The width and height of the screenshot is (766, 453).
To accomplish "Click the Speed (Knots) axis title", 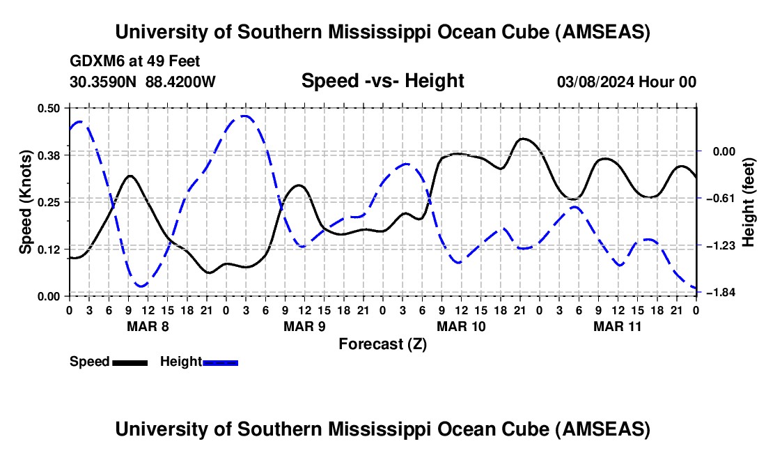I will click(x=25, y=201).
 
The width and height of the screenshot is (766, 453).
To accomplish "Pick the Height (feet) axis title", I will click(x=749, y=201).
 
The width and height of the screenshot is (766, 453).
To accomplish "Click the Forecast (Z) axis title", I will click(x=382, y=344).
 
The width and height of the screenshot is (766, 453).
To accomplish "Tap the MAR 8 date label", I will click(x=147, y=326).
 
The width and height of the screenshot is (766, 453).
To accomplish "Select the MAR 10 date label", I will click(x=460, y=326).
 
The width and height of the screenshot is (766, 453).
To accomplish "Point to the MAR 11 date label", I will click(x=617, y=326).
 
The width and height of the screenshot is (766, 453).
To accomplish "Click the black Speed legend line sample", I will click(x=129, y=362).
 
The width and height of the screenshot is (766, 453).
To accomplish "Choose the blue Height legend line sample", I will click(x=221, y=362).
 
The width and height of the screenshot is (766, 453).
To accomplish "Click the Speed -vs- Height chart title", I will click(x=382, y=81).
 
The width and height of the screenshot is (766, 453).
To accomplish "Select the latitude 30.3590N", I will click(x=104, y=82).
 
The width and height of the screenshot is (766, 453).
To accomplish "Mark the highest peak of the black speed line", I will click(x=524, y=139).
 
